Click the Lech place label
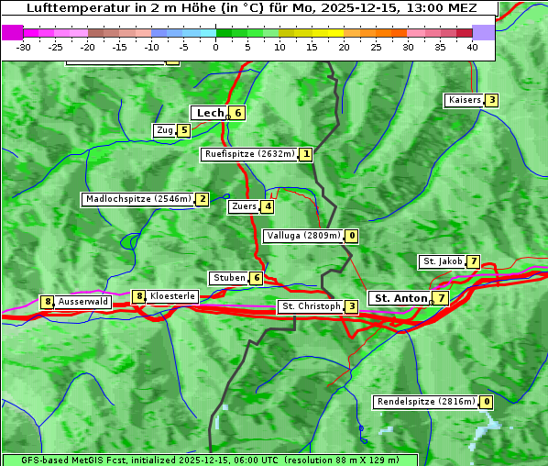coord(209,113)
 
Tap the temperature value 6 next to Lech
coord(237,113)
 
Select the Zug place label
coord(165,130)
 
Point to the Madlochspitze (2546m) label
coord(137,199)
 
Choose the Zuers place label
coord(244,206)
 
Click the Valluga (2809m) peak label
coord(303,236)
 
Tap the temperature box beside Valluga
coord(352,236)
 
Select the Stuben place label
coord(228,278)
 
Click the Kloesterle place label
coord(172,296)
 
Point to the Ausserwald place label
coord(83,302)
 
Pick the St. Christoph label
coord(311,306)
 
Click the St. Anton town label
coord(400,298)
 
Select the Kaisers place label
coord(464,100)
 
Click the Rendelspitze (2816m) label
coord(427,402)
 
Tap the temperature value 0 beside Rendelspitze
coord(487,402)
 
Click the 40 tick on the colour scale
coord(472,47)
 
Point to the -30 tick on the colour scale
coord(24,47)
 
